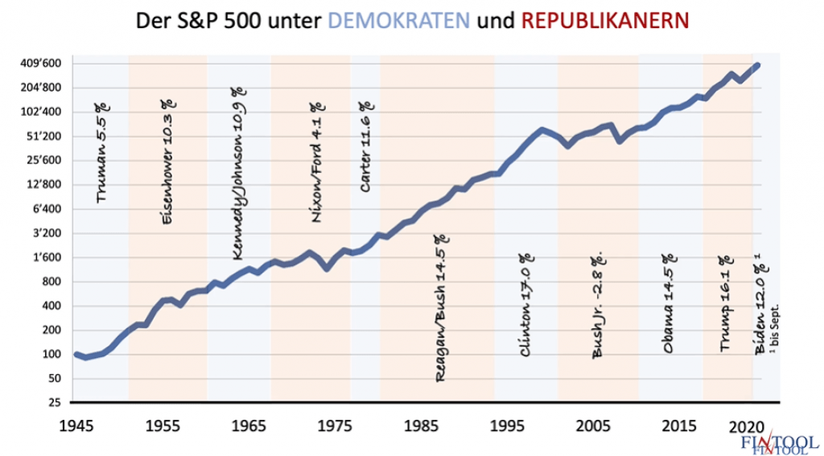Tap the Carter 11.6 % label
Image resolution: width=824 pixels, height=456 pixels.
(x=366, y=146)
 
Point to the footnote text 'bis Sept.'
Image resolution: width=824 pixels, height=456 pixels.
(x=776, y=330)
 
